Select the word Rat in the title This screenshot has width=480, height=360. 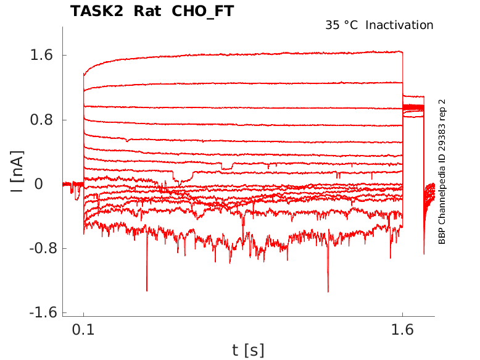144,11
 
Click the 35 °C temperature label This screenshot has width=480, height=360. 341,25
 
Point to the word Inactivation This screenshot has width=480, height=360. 399,25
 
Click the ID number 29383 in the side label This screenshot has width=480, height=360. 442,134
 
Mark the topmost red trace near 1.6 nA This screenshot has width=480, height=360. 247,56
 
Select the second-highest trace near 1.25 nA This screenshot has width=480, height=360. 247,83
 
